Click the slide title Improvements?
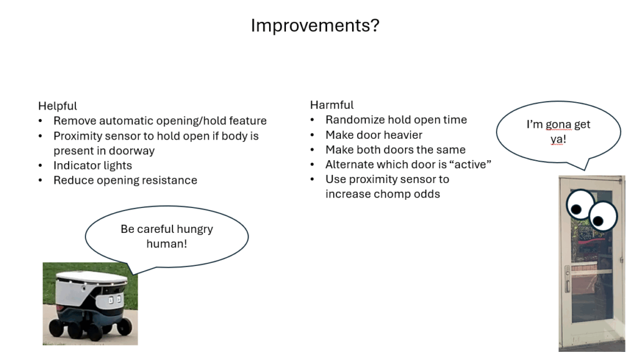coord(315,26)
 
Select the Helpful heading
coord(57,106)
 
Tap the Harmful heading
coord(331,105)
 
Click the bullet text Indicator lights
coord(93,166)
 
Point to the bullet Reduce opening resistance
coord(125,180)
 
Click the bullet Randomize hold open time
coord(396,120)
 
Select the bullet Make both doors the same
coord(396,149)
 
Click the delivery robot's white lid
coord(92,278)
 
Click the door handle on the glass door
coord(568,279)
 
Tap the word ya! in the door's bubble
coord(558,140)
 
